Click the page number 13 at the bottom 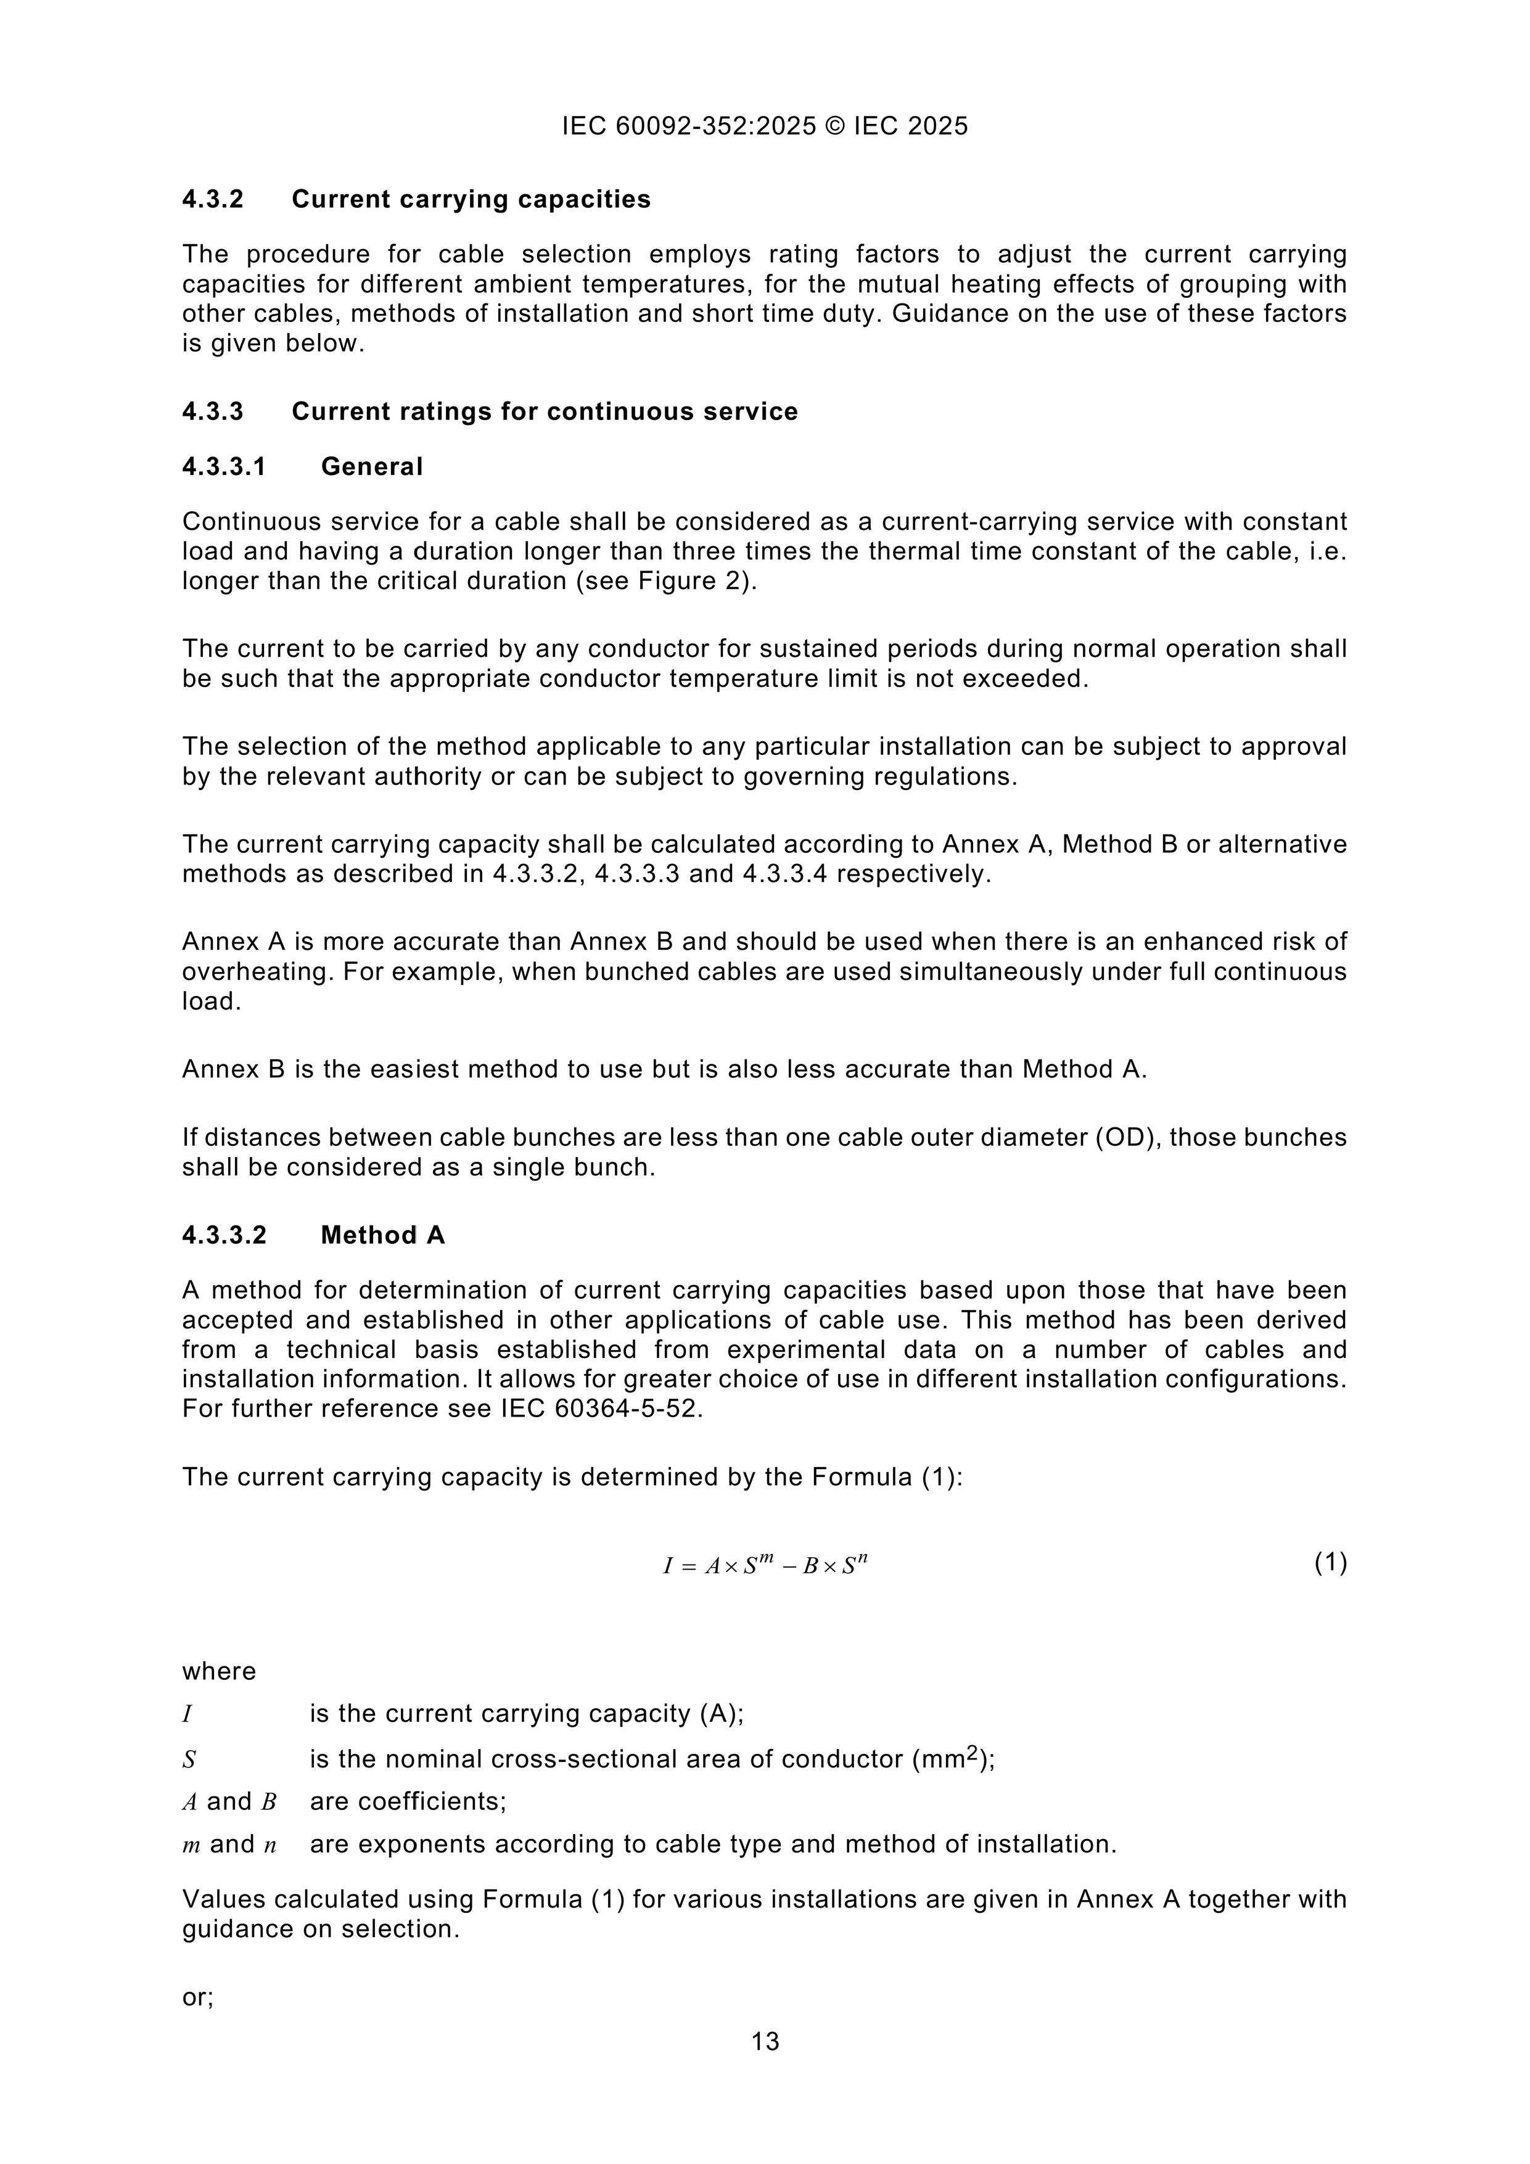pyautogui.click(x=765, y=2041)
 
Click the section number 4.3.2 pyautogui.click(x=213, y=200)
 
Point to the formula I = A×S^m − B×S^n pyautogui.click(x=765, y=1566)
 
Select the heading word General pyautogui.click(x=371, y=467)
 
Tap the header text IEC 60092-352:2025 pyautogui.click(x=689, y=126)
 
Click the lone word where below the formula pyautogui.click(x=219, y=1671)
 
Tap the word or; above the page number pyautogui.click(x=198, y=1996)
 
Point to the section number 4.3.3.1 pyautogui.click(x=224, y=467)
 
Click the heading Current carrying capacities pyautogui.click(x=471, y=200)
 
